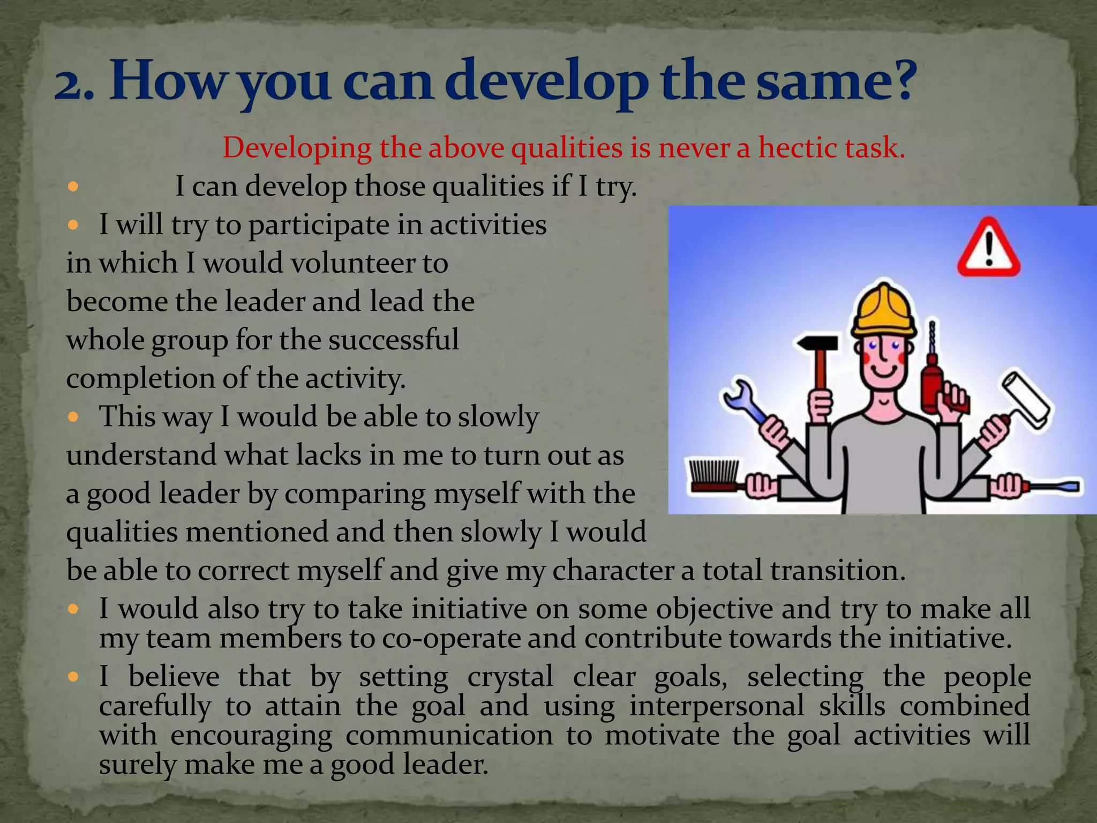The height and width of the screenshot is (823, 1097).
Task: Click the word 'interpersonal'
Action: pos(717,706)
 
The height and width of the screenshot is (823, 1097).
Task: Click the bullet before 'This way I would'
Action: pos(74,417)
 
